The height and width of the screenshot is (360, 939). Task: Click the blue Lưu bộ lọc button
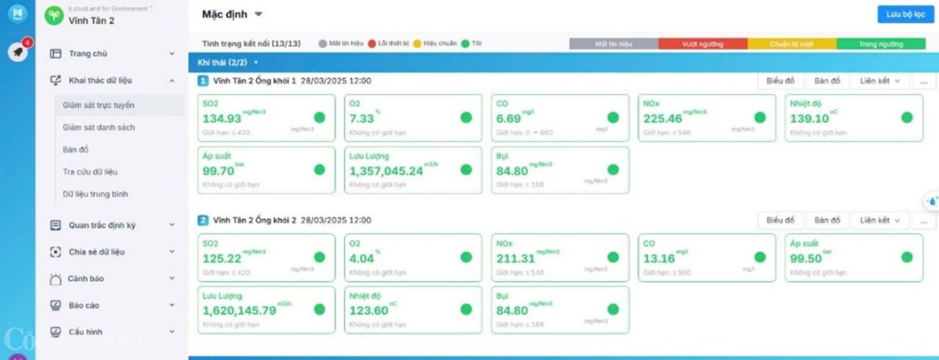902,14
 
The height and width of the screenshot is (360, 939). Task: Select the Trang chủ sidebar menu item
88,54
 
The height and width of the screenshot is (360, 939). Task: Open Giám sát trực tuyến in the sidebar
99,104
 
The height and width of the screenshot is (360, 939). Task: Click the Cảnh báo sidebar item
86,279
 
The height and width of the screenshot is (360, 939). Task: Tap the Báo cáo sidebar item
84,305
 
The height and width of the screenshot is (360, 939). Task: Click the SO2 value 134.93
222,119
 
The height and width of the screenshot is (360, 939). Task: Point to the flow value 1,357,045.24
386,171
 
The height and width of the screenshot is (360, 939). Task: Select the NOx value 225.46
662,119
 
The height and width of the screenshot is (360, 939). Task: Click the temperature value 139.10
809,119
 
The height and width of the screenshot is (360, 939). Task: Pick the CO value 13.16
659,259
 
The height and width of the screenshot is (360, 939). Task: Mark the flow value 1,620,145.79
239,311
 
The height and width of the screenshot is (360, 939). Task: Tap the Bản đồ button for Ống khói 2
826,220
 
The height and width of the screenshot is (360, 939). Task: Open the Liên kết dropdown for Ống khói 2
880,220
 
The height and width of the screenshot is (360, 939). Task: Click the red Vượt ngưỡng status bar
703,45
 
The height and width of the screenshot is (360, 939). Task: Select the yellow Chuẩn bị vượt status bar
792,45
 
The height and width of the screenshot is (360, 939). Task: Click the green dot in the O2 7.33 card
466,117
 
